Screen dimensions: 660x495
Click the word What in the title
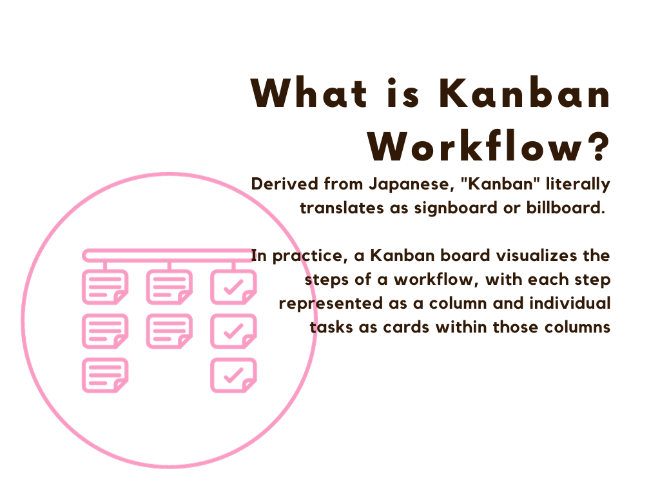click(309, 93)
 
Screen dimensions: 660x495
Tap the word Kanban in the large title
click(525, 93)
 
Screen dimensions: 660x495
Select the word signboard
click(456, 208)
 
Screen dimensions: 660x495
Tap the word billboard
click(565, 208)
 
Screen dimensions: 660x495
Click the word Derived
click(284, 184)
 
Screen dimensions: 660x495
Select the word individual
click(570, 303)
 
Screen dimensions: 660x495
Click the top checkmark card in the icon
click(233, 287)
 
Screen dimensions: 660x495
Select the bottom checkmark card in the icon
click(233, 376)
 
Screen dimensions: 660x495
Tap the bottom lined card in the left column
click(105, 376)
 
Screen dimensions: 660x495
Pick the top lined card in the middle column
click(170, 287)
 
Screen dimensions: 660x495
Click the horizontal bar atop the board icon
click(168, 255)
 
